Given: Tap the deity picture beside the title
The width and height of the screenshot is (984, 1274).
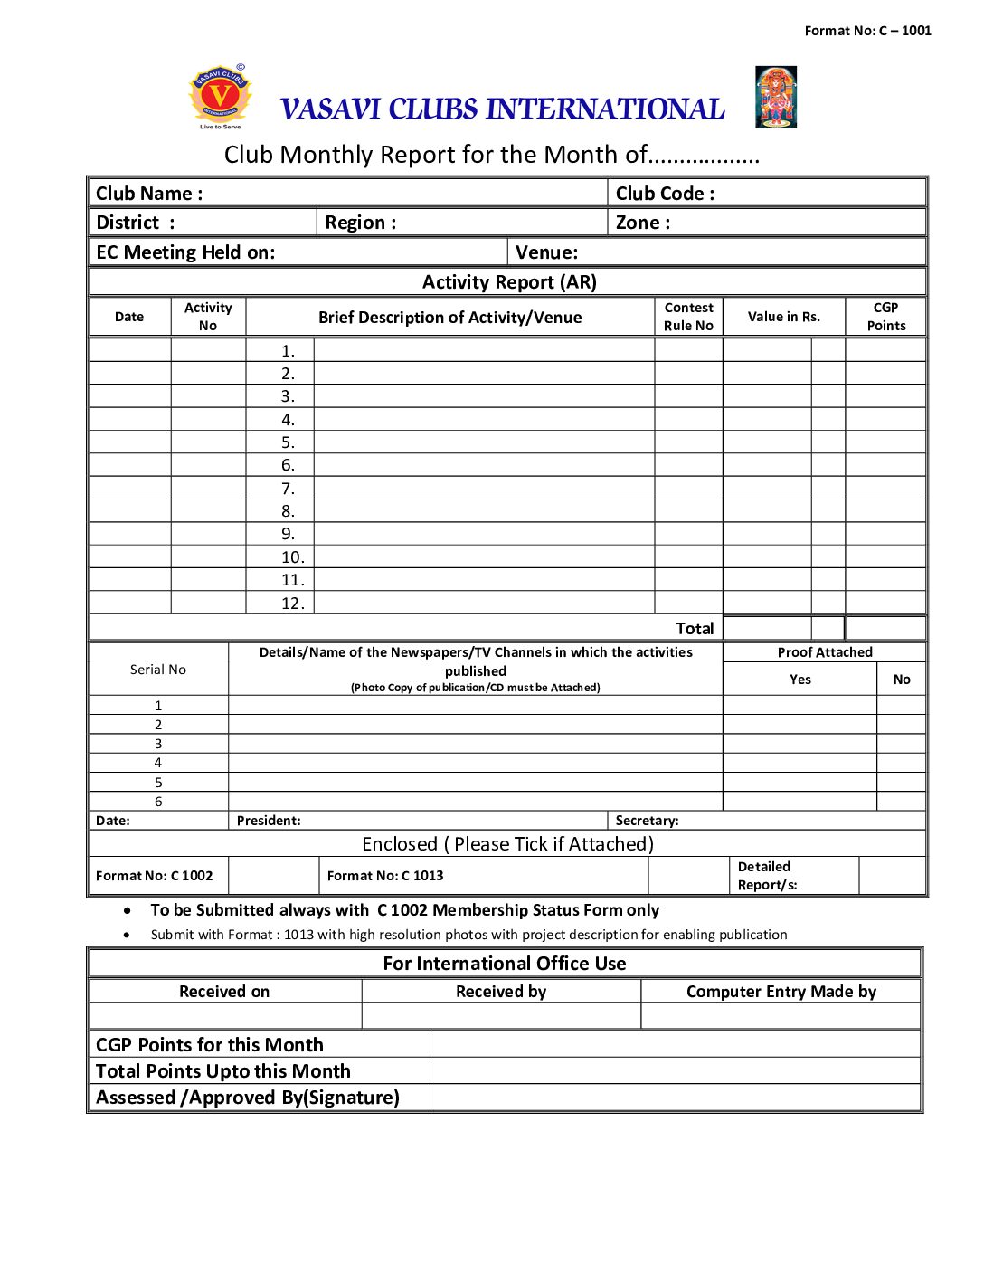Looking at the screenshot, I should pyautogui.click(x=776, y=97).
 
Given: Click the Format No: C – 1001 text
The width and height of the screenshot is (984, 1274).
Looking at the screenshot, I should pyautogui.click(x=867, y=31).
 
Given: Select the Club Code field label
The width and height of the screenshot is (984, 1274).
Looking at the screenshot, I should pyautogui.click(x=665, y=194).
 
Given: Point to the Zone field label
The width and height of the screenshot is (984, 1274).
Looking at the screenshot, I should pyautogui.click(x=643, y=223).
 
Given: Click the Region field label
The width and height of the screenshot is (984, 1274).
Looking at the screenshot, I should pyautogui.click(x=361, y=223).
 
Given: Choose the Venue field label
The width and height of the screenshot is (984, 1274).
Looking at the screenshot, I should pyautogui.click(x=546, y=252).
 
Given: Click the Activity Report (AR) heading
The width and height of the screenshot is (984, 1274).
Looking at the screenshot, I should pyautogui.click(x=509, y=282).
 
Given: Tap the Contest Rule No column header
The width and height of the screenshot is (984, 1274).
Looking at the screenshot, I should pyautogui.click(x=688, y=317).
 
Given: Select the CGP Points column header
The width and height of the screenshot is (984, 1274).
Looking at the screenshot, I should pyautogui.click(x=885, y=317).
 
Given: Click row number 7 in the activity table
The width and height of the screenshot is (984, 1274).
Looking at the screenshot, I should pyautogui.click(x=288, y=489).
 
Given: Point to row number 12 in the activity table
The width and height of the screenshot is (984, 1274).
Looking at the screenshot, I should pyautogui.click(x=292, y=604).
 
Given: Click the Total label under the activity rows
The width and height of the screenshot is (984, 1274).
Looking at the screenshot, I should pyautogui.click(x=695, y=629).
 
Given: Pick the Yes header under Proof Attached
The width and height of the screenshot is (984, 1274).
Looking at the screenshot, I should pyautogui.click(x=800, y=680).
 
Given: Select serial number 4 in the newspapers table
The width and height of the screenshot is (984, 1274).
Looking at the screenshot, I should pyautogui.click(x=158, y=763).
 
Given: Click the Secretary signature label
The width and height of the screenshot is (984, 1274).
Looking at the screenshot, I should pyautogui.click(x=647, y=821).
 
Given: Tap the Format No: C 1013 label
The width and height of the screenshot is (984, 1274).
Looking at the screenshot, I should pyautogui.click(x=385, y=876).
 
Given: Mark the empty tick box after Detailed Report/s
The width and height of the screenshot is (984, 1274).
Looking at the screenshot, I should pyautogui.click(x=892, y=876).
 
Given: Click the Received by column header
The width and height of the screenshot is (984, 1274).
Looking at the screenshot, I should pyautogui.click(x=501, y=992).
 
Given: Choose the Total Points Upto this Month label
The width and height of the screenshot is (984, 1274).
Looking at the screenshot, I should pyautogui.click(x=223, y=1071).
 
